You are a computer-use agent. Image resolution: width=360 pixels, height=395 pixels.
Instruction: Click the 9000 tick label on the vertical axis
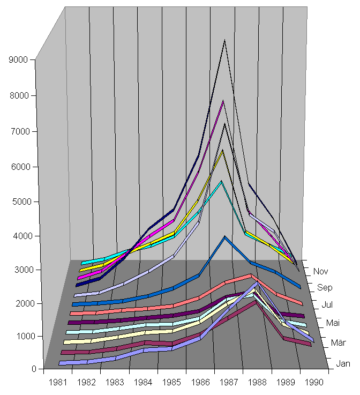[19, 60]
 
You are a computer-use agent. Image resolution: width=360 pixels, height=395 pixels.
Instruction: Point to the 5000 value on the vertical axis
[19, 202]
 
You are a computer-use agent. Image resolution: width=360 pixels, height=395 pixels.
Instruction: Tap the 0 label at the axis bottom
[33, 369]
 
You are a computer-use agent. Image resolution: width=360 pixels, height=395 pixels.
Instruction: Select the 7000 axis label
[19, 131]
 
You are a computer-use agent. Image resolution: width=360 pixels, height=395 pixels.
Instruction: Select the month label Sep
[325, 288]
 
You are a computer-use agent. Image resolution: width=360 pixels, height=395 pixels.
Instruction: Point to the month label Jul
[328, 305]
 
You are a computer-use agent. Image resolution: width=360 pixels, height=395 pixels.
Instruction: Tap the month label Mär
[337, 342]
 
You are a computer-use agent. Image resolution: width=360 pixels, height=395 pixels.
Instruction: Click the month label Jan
[343, 364]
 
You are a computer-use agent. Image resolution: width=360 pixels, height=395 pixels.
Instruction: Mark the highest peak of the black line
[224, 40]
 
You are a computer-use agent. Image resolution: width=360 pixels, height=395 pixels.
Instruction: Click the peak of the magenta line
[223, 101]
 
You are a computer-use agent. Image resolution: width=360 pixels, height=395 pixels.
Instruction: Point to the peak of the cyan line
[221, 182]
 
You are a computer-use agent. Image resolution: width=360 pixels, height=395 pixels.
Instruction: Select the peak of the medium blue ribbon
[225, 237]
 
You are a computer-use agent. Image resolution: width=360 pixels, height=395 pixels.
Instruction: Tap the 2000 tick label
[19, 303]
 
